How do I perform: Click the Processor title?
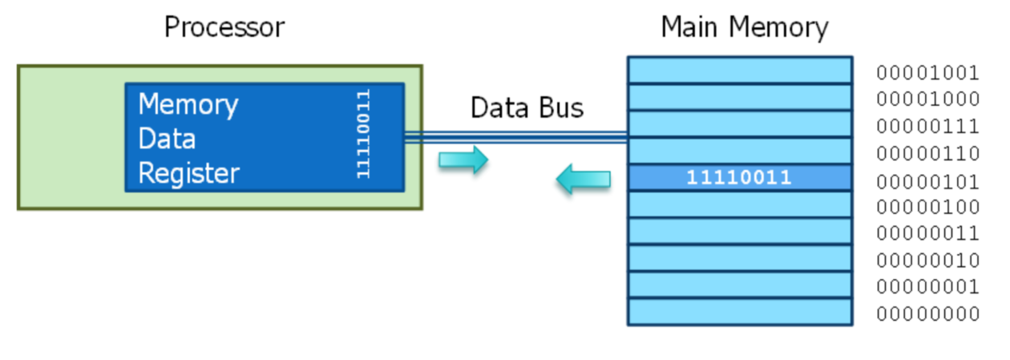(x=224, y=27)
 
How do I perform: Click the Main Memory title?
(x=744, y=27)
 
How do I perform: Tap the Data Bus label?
(x=527, y=107)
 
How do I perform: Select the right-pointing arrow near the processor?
(x=463, y=160)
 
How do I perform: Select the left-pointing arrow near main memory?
(x=584, y=178)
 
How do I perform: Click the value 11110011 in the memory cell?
(x=739, y=178)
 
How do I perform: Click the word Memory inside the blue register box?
(x=188, y=104)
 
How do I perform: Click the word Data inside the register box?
(x=167, y=139)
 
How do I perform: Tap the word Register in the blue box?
(x=189, y=173)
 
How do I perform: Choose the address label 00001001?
(x=927, y=73)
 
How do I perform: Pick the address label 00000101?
(x=927, y=180)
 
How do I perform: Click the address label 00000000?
(x=927, y=313)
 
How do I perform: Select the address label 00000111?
(x=927, y=127)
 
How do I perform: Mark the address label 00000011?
(x=927, y=233)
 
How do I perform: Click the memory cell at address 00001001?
(x=739, y=70)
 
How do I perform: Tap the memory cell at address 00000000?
(x=739, y=312)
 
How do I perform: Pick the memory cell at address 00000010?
(x=739, y=258)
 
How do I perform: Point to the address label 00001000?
(x=927, y=99)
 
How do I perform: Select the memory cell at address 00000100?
(x=739, y=204)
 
